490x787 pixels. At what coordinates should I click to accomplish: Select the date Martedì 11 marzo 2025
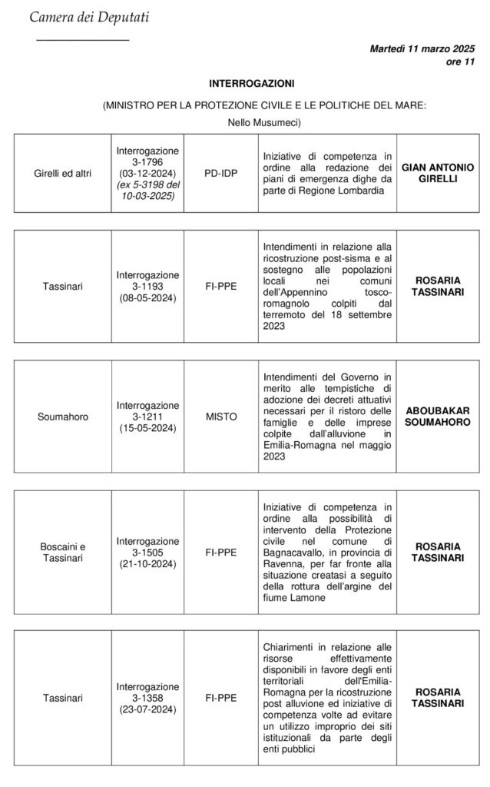(422, 48)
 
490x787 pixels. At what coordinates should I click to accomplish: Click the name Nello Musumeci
(264, 122)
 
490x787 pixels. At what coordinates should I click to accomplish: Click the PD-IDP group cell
(220, 174)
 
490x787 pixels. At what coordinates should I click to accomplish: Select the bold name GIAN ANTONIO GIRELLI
(439, 174)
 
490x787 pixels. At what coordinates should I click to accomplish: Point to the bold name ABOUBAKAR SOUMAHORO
(439, 416)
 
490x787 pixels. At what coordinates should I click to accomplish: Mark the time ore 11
(460, 61)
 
